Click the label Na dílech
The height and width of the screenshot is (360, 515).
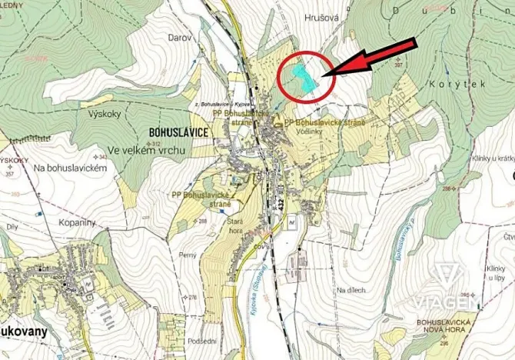(x=351, y=290)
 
